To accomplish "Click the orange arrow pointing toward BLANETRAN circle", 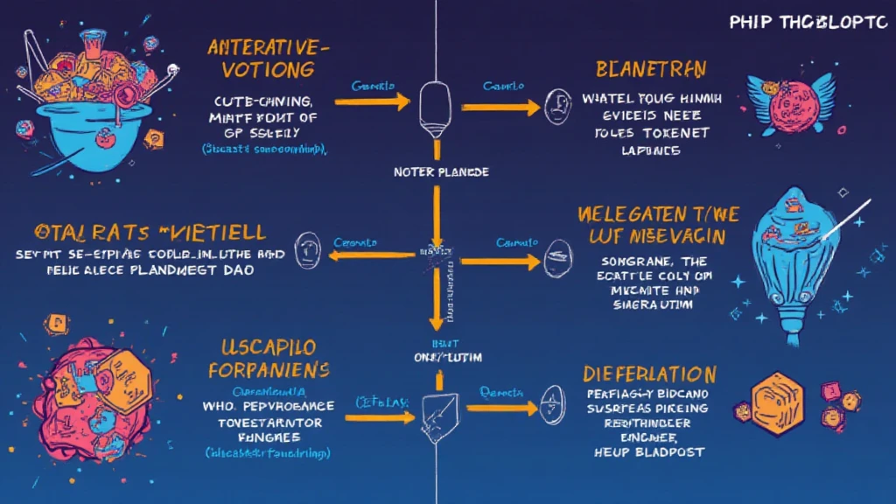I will (500, 107).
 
